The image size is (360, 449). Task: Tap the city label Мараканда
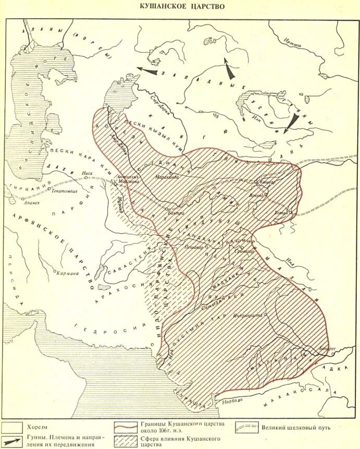point(167,177)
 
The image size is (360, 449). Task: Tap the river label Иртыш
point(293,45)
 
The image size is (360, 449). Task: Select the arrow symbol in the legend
point(12,442)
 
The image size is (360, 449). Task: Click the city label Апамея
point(31,203)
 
